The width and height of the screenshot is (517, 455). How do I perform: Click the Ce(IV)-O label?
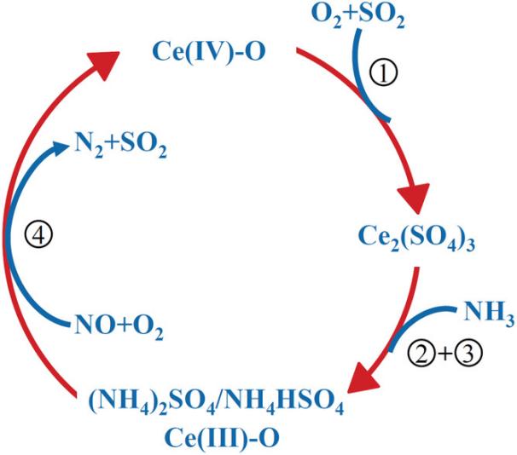[209, 53]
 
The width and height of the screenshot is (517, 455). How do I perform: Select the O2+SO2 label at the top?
[358, 15]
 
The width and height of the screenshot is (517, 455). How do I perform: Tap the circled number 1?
[383, 74]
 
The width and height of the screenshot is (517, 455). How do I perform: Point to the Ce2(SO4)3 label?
[416, 238]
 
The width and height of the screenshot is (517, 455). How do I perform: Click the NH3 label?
[489, 313]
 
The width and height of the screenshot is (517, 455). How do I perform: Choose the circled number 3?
[468, 354]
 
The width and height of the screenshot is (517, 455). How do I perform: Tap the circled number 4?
[39, 236]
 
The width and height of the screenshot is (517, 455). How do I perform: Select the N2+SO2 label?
[120, 146]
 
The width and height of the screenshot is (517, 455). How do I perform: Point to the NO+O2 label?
[119, 326]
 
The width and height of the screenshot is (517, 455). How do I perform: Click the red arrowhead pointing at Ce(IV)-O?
[103, 64]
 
